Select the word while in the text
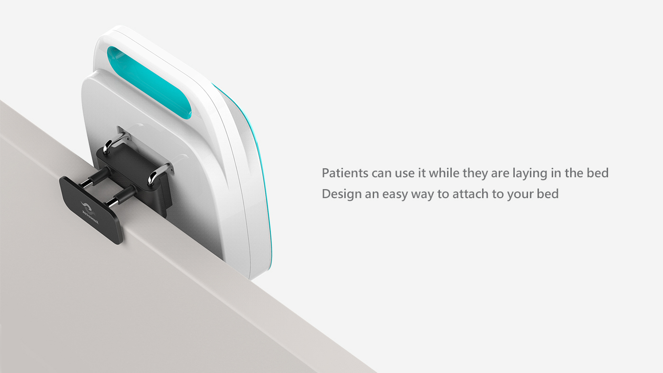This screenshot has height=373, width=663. pyautogui.click(x=444, y=173)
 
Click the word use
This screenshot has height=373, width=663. pyautogui.click(x=403, y=173)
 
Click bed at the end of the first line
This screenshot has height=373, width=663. pyautogui.click(x=597, y=173)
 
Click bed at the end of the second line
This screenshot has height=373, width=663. pyautogui.click(x=547, y=194)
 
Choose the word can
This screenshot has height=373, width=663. pyautogui.click(x=381, y=173)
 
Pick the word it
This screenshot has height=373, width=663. pyautogui.click(x=421, y=173)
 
